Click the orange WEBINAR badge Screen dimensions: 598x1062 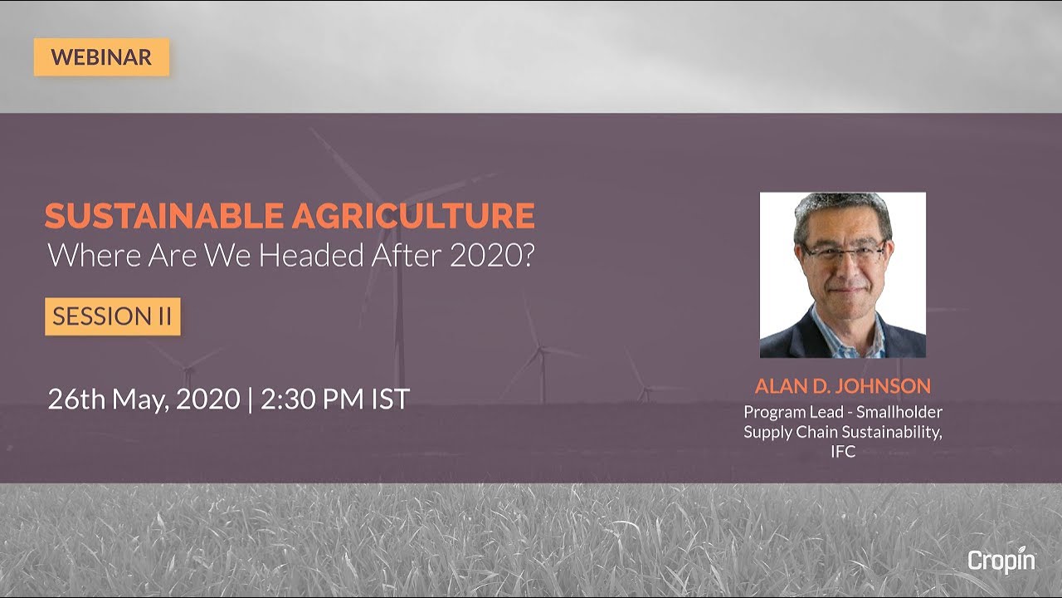(101, 57)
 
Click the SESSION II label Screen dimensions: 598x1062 (112, 316)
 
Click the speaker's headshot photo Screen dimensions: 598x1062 (842, 275)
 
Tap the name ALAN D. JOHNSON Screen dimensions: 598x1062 (842, 386)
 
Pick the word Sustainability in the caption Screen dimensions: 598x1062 (893, 432)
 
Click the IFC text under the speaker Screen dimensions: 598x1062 (843, 452)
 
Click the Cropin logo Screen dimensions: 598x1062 (1001, 561)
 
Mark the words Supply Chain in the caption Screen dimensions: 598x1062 (790, 432)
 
